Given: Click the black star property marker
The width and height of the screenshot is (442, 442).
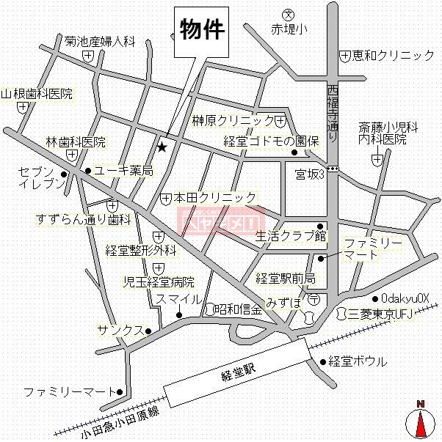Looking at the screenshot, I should [162, 147].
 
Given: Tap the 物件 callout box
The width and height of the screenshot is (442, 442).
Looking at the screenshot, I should [200, 29].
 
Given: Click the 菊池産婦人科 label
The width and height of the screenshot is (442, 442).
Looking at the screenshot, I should [100, 42].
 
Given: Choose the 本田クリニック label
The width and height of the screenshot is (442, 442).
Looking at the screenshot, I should [215, 198].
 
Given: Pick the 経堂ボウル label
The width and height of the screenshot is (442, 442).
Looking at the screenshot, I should [358, 361].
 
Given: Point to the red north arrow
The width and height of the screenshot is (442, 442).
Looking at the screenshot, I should [421, 424].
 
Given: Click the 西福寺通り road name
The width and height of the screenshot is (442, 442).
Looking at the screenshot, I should [332, 114].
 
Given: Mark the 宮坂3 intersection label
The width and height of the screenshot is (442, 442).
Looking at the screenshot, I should [309, 174].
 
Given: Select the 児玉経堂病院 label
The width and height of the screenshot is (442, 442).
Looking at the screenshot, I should [159, 281].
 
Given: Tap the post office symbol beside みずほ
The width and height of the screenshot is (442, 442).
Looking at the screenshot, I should [314, 299].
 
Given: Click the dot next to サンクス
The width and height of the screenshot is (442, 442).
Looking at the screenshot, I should [148, 331].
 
